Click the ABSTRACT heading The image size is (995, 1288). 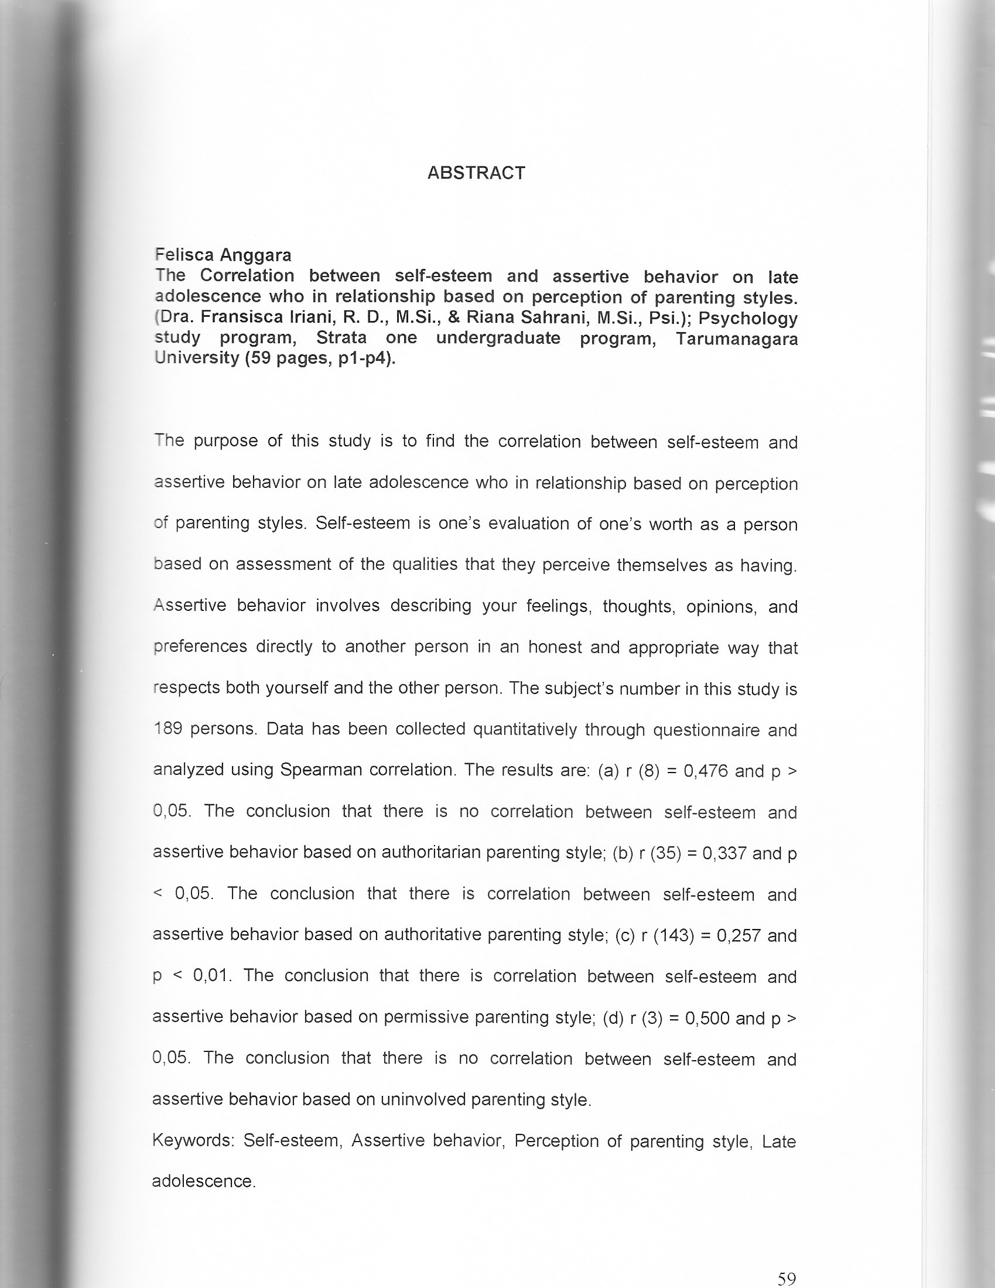[476, 173]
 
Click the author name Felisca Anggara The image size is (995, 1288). [223, 255]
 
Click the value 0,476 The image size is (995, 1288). [706, 771]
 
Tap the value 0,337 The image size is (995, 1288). [725, 853]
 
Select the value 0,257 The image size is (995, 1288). [738, 936]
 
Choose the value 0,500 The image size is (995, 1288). [707, 1019]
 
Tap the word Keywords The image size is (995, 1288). [193, 1140]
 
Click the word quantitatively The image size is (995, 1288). [524, 729]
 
